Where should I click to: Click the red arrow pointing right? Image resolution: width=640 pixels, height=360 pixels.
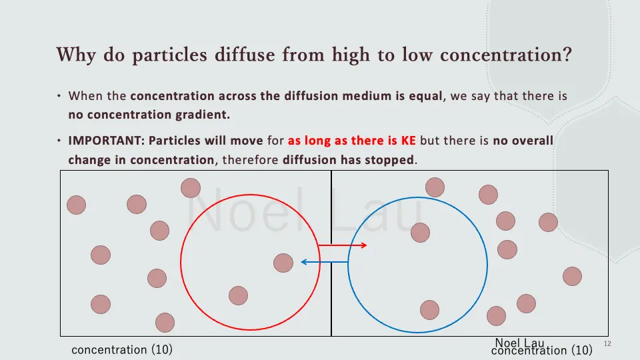pyautogui.click(x=343, y=246)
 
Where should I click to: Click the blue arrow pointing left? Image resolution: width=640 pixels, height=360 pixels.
pyautogui.click(x=324, y=262)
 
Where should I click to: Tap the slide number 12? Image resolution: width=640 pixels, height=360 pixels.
pyautogui.click(x=607, y=343)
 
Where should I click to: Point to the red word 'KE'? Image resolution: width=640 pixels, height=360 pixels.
pyautogui.click(x=407, y=141)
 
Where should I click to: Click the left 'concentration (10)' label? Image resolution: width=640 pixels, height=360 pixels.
pyautogui.click(x=122, y=349)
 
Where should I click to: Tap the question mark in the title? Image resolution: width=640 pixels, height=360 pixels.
pyautogui.click(x=567, y=55)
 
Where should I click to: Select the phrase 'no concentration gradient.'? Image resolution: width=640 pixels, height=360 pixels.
pyautogui.click(x=149, y=115)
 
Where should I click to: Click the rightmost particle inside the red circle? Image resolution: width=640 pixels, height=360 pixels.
pyautogui.click(x=283, y=263)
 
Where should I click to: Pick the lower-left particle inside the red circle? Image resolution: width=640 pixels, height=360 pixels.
pyautogui.click(x=238, y=295)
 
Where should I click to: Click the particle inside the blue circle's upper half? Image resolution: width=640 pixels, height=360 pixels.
pyautogui.click(x=420, y=232)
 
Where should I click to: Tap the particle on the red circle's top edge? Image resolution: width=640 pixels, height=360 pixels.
pyautogui.click(x=191, y=188)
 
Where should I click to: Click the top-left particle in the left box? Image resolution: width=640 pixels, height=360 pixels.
pyautogui.click(x=77, y=205)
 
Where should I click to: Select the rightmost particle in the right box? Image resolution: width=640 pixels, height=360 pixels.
pyautogui.click(x=572, y=275)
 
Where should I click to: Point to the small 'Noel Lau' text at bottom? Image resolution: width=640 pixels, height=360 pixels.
pyautogui.click(x=519, y=343)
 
